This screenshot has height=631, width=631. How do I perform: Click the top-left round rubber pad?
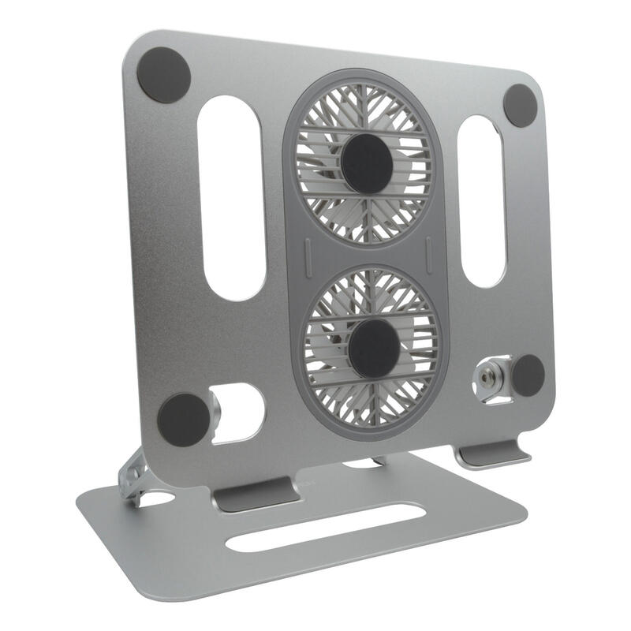point(164,75)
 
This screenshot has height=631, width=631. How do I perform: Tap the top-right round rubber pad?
point(521,104)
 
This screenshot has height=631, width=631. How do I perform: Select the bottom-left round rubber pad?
point(184,420)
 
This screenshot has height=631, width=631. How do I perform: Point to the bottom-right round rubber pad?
point(528,375)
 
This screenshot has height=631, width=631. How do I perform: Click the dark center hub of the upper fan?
point(368,163)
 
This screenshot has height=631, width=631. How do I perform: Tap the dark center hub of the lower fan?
point(374,348)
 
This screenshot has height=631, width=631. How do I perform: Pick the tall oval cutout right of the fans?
point(481,201)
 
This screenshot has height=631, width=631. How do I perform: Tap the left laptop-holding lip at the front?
point(255,497)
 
